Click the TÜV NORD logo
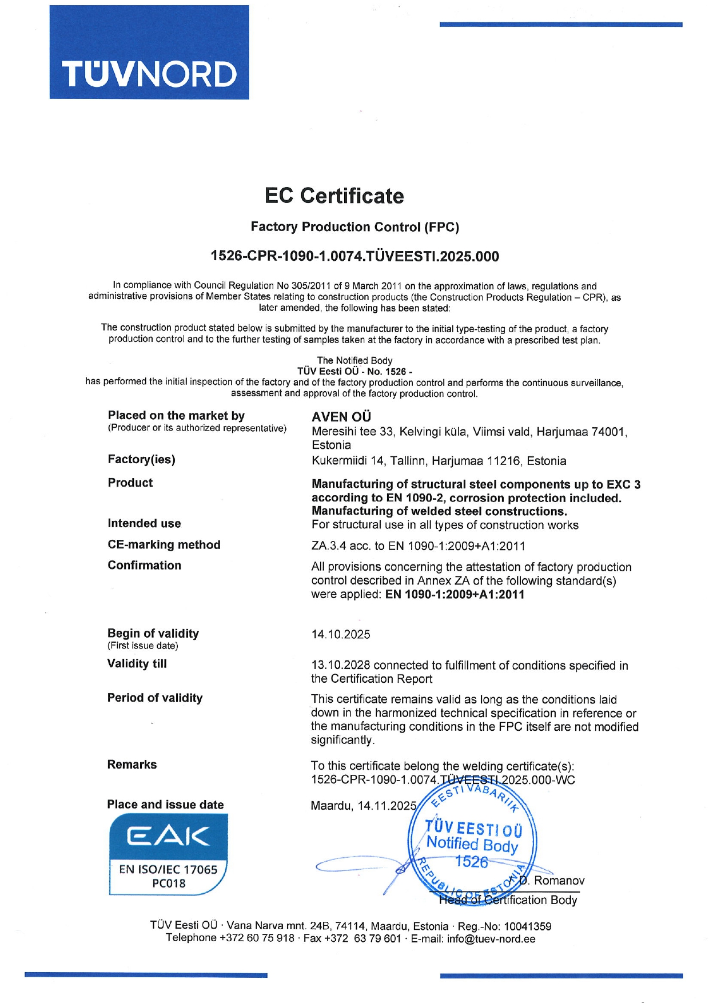coord(149,53)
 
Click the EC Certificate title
coord(334,196)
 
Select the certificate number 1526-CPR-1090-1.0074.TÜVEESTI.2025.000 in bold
coord(354,256)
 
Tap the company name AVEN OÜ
coord(341,417)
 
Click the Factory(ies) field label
coord(141,459)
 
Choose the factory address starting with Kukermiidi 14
coord(439,461)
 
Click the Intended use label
coord(144,523)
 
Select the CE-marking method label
coord(164,544)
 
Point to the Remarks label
coord(132,765)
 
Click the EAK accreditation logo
coord(168,853)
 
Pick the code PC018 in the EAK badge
coord(169,883)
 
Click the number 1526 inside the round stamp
coord(471,861)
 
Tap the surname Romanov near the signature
coord(559,881)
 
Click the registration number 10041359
coord(527,926)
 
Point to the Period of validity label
coord(155,698)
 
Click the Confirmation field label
coord(144,565)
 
